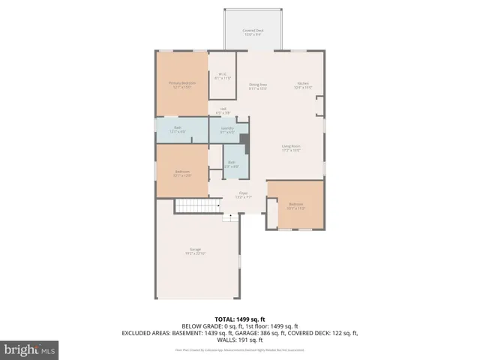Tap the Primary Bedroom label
181,85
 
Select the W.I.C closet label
223,76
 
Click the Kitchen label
302,85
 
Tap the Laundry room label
227,130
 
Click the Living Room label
291,148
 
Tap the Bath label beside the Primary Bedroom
178,129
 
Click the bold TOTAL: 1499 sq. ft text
240,319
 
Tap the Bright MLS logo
29,349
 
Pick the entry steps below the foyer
232,217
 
